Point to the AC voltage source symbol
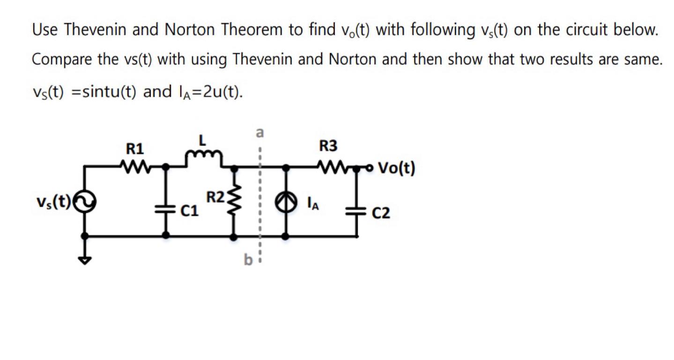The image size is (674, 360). click(85, 202)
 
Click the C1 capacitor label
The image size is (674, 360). click(190, 212)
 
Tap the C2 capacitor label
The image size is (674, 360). click(381, 214)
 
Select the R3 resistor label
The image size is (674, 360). click(328, 147)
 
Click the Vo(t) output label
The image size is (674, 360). click(396, 168)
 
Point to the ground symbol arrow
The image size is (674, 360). click(85, 260)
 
